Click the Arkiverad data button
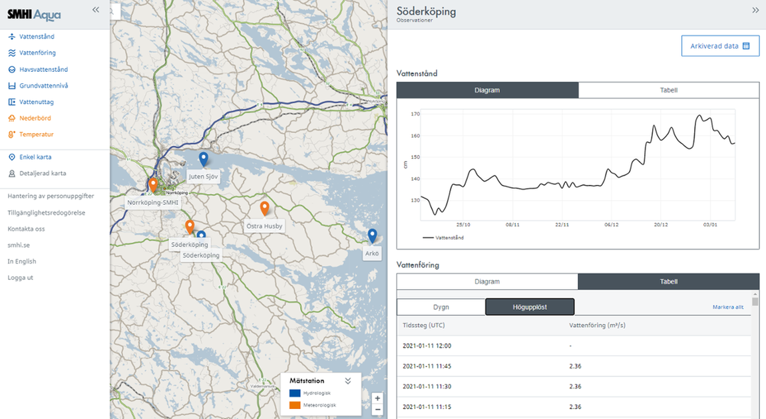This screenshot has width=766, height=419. pyautogui.click(x=720, y=46)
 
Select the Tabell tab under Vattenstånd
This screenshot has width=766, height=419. pyautogui.click(x=669, y=90)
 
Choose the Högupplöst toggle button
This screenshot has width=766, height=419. pyautogui.click(x=530, y=307)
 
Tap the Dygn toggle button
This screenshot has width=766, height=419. pyautogui.click(x=441, y=307)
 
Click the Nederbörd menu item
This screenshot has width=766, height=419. pyautogui.click(x=35, y=118)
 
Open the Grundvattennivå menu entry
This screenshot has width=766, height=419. pyautogui.click(x=43, y=86)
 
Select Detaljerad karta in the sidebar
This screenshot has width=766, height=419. pyautogui.click(x=43, y=174)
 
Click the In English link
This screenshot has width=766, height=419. pyautogui.click(x=22, y=261)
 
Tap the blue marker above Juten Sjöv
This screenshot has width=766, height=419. pyautogui.click(x=204, y=159)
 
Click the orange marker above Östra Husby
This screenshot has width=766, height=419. pyautogui.click(x=264, y=208)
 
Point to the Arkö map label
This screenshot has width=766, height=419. pyautogui.click(x=372, y=254)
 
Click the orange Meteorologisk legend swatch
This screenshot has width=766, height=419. pyautogui.click(x=295, y=405)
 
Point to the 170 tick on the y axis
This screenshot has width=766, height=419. pyautogui.click(x=416, y=114)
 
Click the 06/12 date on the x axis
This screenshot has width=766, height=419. pyautogui.click(x=611, y=225)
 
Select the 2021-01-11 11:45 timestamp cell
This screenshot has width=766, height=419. pyautogui.click(x=427, y=366)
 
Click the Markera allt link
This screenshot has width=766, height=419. pyautogui.click(x=727, y=307)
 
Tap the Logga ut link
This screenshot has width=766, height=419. pyautogui.click(x=21, y=278)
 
